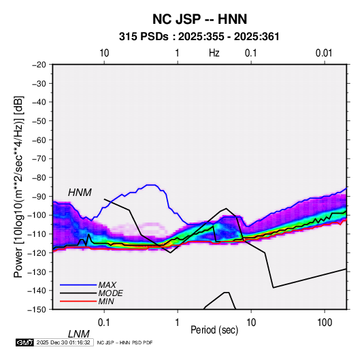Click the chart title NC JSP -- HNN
pos(199,19)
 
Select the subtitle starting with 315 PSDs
pos(199,37)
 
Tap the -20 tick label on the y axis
pos(39,65)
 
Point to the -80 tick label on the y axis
pos(39,178)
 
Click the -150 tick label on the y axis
pos(37,310)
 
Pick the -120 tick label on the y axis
pos(37,252)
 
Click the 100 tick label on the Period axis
pos(325,323)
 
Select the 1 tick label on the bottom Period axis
pos(178,323)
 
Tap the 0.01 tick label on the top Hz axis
pos(324,53)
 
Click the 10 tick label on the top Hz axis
pos(104,53)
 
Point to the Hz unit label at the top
pos(214,53)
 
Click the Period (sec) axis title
pos(214,330)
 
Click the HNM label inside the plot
pos(80,193)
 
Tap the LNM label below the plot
pos(79,334)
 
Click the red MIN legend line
pos(78,301)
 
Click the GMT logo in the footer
pos(25,342)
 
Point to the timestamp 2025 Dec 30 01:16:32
pos(63,342)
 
